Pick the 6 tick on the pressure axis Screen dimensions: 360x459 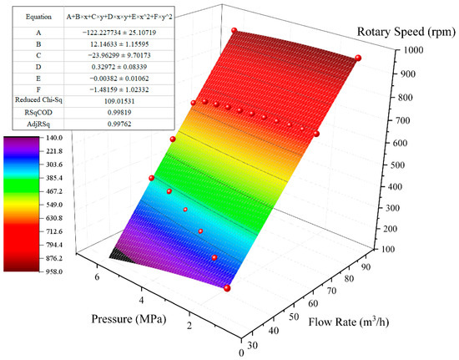pyautogui.click(x=96, y=276)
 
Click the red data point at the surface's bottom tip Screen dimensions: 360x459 pyautogui.click(x=227, y=288)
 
